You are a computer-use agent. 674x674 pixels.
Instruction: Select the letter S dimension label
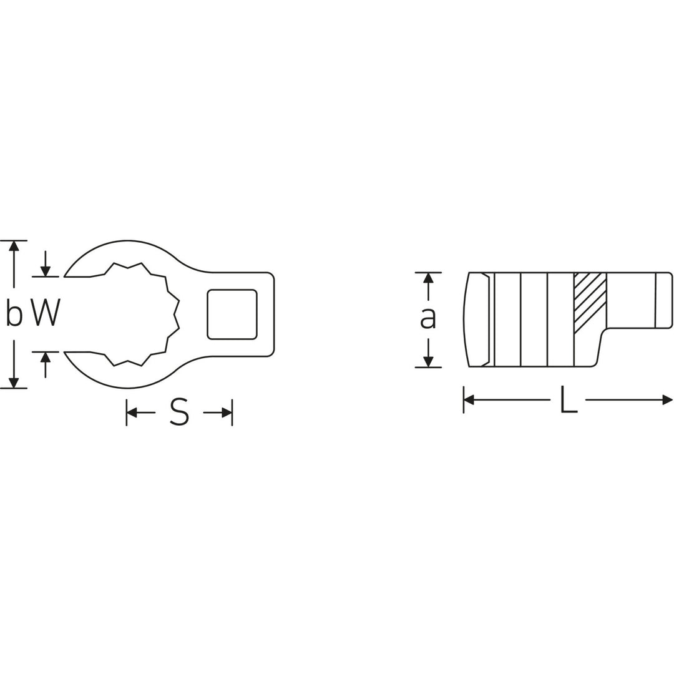coord(179,413)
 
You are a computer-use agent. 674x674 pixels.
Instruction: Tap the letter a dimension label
coord(427,318)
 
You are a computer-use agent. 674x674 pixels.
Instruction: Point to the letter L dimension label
coord(568,399)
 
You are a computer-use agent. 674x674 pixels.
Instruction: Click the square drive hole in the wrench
coord(232,315)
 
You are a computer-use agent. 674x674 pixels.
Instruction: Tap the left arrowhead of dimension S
coord(132,413)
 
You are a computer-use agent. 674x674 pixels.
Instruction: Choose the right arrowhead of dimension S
coord(227,413)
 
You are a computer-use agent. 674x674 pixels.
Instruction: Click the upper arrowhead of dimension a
coord(428,278)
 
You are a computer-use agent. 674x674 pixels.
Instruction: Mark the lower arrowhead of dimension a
coord(428,361)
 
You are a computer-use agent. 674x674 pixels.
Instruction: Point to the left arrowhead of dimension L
coord(469,399)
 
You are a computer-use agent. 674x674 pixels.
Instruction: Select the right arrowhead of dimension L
coord(667,399)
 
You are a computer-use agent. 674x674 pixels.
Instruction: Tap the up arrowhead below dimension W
coord(46,358)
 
